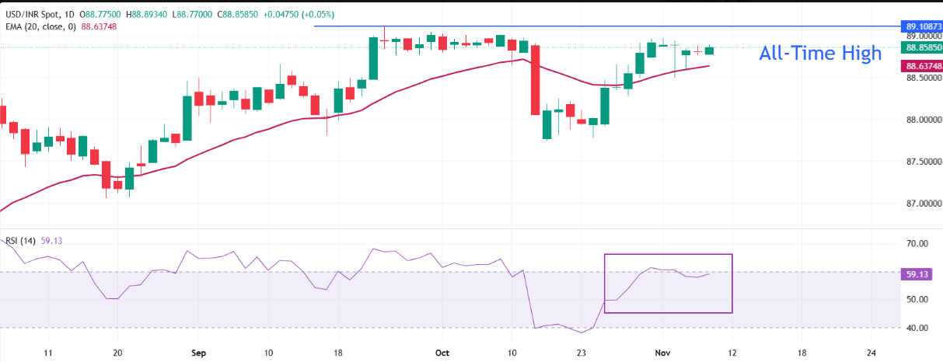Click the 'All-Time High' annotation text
[820, 54]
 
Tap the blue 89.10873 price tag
[920, 26]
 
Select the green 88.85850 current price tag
[920, 47]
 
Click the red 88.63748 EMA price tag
[920, 66]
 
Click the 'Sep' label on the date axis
[199, 352]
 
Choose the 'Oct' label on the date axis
[442, 352]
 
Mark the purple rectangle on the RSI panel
[668, 284]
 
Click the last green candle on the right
[709, 50]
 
